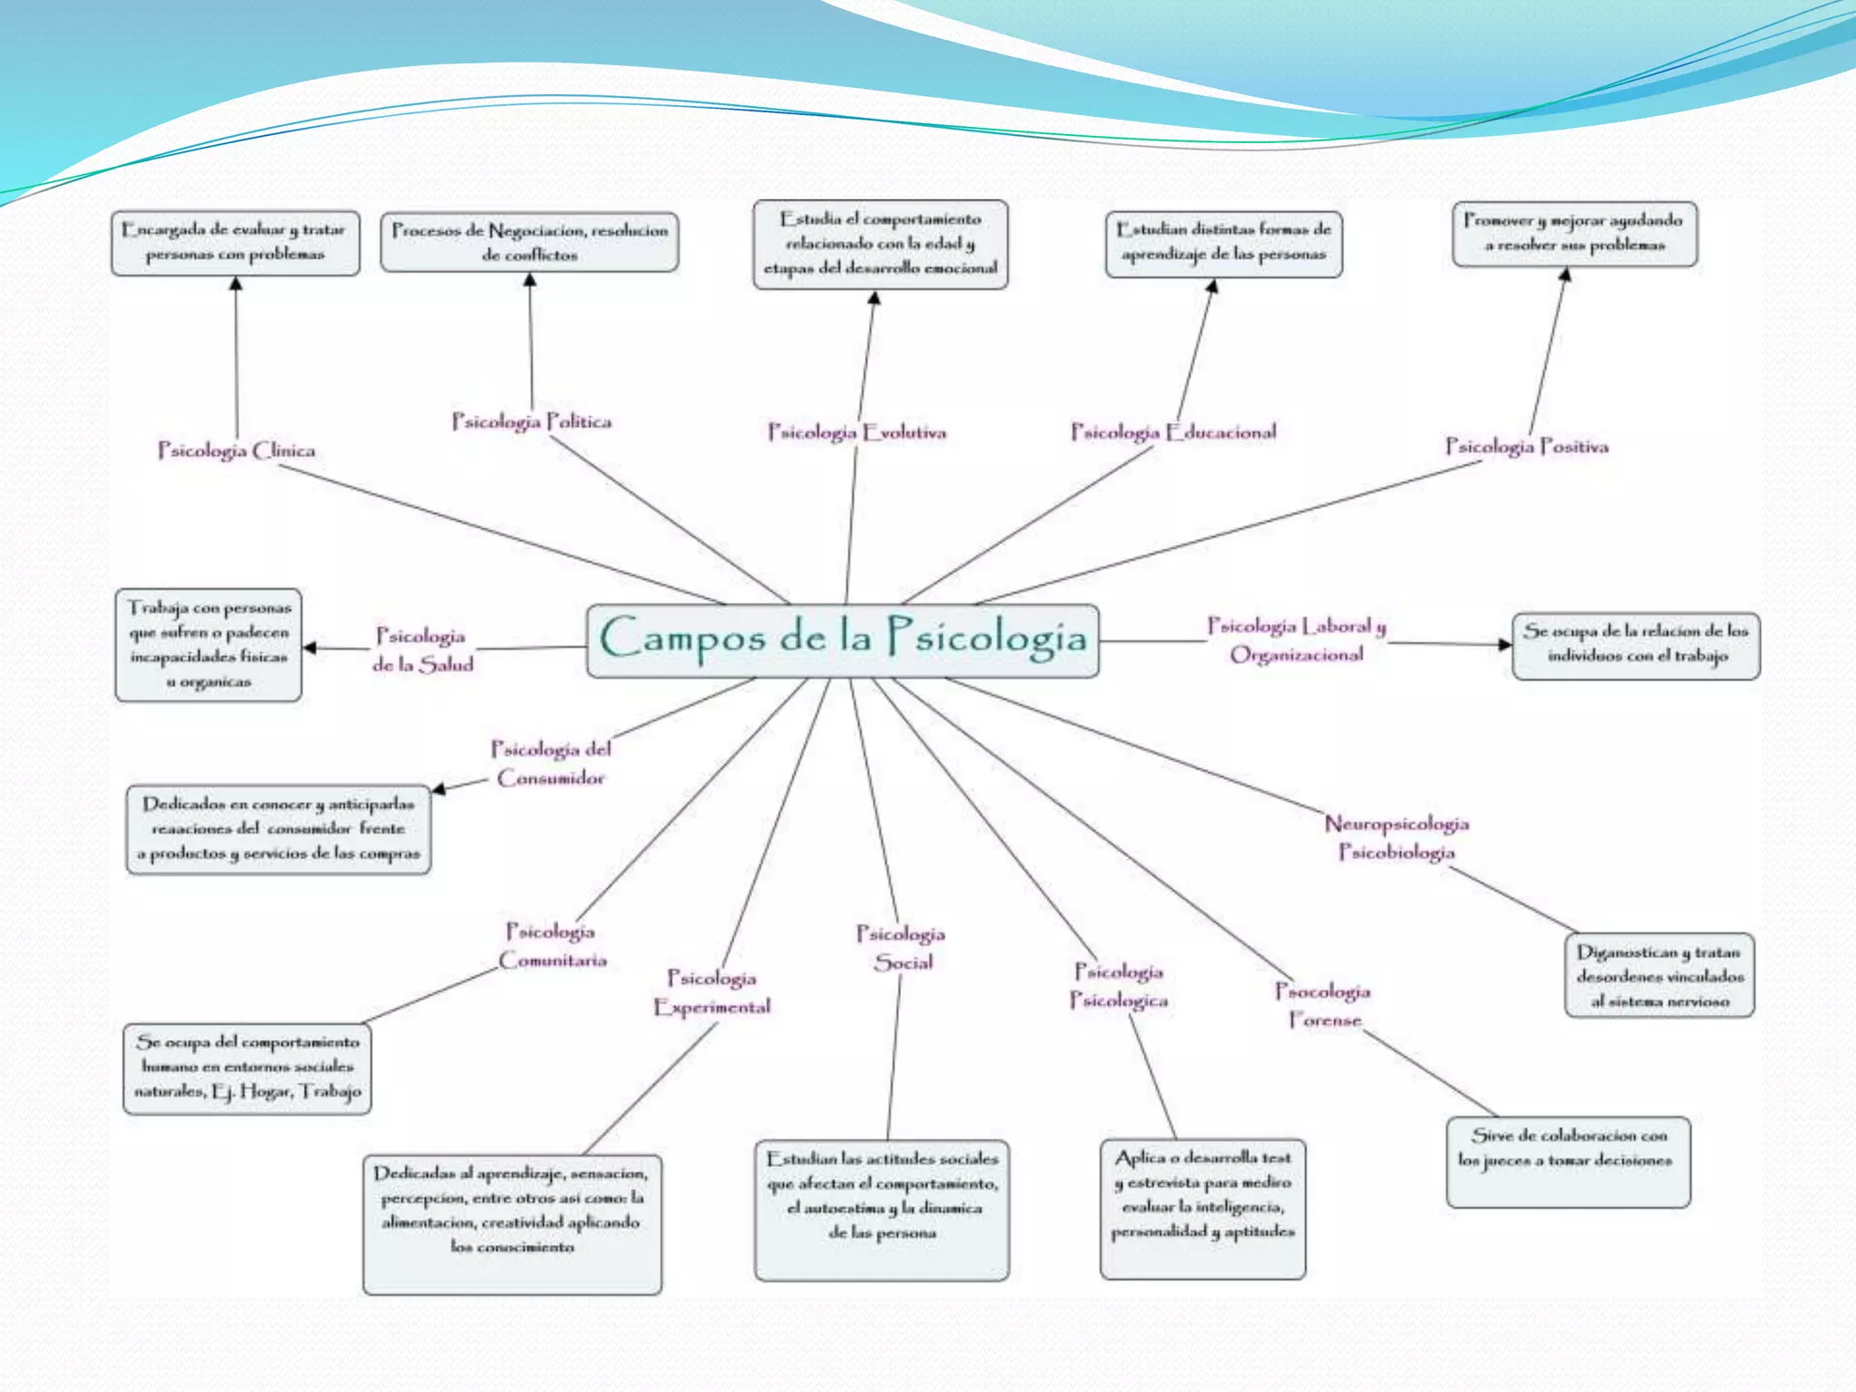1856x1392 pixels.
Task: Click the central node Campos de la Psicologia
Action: [843, 640]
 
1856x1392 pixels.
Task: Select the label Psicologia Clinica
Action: [237, 450]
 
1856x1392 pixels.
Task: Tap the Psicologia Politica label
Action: [532, 421]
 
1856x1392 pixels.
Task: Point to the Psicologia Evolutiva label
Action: [856, 432]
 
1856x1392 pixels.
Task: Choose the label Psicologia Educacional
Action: [1174, 432]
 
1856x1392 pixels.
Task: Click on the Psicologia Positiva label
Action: [1526, 447]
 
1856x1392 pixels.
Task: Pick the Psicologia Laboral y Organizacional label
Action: [1297, 640]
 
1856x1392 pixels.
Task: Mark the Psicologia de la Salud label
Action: [422, 650]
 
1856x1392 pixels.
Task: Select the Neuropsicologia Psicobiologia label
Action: [1397, 837]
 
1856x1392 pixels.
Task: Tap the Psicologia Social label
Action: [902, 948]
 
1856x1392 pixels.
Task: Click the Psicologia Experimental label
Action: [712, 992]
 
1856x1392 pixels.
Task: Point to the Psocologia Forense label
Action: [1323, 1005]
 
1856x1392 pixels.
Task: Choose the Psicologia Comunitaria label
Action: [552, 945]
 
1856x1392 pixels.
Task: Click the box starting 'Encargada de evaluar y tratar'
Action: [236, 243]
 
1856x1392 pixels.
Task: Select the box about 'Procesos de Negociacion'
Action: [529, 243]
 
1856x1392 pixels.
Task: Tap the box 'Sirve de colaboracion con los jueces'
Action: [1568, 1162]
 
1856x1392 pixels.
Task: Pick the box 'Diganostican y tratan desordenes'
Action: [1659, 975]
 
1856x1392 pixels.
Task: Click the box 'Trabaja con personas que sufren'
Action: [208, 644]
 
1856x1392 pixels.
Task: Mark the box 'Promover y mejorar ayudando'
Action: [1574, 234]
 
